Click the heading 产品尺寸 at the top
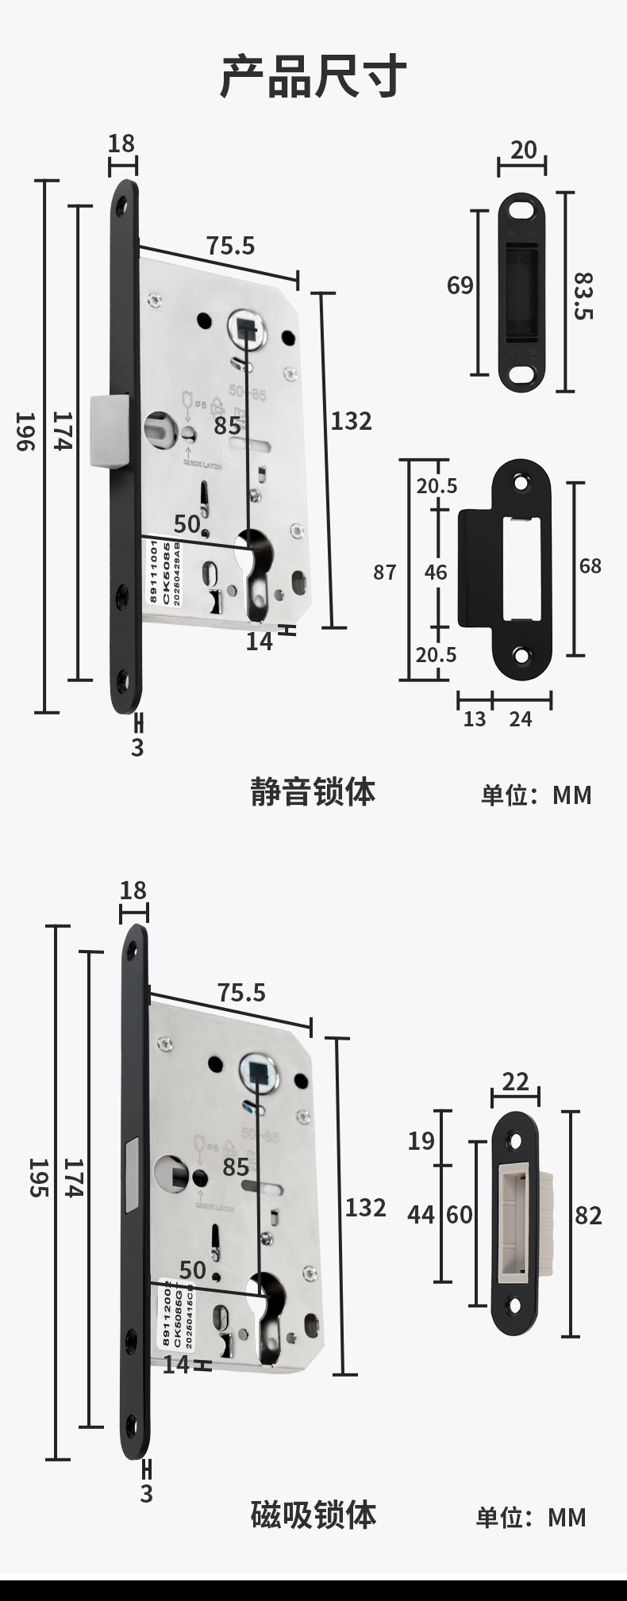click(x=313, y=76)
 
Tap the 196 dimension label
click(x=25, y=431)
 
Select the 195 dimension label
click(x=38, y=1178)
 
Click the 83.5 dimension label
click(x=583, y=296)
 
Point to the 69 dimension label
click(x=460, y=285)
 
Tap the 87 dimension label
click(x=385, y=572)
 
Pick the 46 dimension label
click(x=436, y=572)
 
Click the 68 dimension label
click(x=590, y=565)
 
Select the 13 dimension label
click(x=474, y=719)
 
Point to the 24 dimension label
click(x=521, y=719)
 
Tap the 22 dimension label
click(x=515, y=1081)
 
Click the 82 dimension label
click(x=588, y=1215)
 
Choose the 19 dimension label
click(x=421, y=1140)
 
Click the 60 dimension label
click(x=460, y=1215)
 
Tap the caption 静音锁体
click(x=313, y=791)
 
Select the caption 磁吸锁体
click(x=313, y=1515)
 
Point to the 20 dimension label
click(x=523, y=149)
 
